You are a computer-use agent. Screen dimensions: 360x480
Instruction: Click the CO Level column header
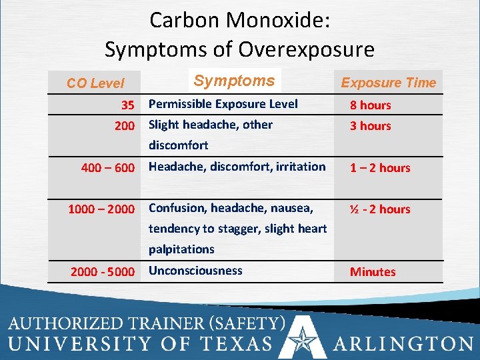click(x=95, y=83)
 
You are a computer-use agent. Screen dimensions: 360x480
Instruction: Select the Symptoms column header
click(x=234, y=81)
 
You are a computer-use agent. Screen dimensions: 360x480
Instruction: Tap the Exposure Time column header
click(x=388, y=83)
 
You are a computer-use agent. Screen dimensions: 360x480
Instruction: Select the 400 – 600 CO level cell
click(x=107, y=168)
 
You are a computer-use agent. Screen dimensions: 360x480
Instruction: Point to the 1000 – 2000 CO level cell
click(x=101, y=209)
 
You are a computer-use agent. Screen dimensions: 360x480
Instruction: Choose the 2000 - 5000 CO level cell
click(x=103, y=272)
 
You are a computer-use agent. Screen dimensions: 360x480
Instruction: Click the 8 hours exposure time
click(x=371, y=105)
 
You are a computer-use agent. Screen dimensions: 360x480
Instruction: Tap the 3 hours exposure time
click(x=371, y=125)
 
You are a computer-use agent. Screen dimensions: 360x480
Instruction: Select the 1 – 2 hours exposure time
click(x=380, y=168)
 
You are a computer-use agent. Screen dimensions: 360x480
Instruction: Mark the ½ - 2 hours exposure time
click(x=380, y=209)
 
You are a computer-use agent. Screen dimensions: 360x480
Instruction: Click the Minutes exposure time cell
click(x=373, y=272)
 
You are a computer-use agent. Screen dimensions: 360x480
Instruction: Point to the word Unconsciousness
click(x=195, y=271)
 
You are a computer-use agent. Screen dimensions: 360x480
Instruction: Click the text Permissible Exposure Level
click(x=223, y=104)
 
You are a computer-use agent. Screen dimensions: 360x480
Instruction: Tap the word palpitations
click(x=181, y=249)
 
